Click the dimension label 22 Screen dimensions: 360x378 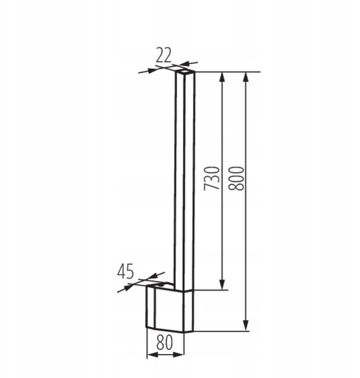tap(164, 55)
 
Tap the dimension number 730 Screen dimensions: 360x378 tap(212, 178)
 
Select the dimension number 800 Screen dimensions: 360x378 tap(236, 178)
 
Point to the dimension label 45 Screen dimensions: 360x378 tap(125, 272)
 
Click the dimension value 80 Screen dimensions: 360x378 tap(165, 343)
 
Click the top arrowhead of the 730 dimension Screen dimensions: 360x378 tap(222, 77)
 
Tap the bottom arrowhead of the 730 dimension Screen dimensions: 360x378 tap(222, 285)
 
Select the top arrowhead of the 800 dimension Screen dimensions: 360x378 tap(245, 77)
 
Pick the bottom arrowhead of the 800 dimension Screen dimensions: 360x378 tap(245, 326)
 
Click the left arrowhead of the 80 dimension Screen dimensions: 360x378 tap(152, 355)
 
